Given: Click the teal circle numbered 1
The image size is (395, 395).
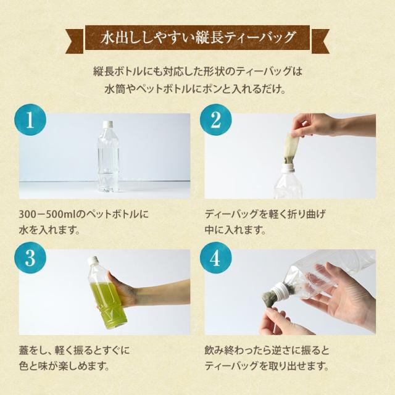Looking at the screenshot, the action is click(30, 120).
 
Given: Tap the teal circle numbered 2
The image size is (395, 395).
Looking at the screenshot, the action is click(215, 120).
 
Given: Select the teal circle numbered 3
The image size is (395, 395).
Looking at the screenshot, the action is click(30, 258).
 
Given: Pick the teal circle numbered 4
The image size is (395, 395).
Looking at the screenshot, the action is click(215, 258).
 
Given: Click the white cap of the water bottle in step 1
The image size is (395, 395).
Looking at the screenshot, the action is click(107, 124).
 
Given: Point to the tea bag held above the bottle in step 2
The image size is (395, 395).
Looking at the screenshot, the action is click(291, 148).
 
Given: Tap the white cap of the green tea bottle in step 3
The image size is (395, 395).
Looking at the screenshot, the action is click(92, 260).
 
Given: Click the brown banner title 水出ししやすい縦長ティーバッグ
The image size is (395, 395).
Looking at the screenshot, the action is click(197, 38).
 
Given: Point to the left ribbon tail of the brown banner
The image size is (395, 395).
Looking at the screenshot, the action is click(75, 41).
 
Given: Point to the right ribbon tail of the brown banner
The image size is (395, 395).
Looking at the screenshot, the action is click(320, 41).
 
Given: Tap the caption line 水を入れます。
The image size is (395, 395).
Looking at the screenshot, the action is click(49, 230).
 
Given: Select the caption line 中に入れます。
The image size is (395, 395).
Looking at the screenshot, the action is click(235, 230).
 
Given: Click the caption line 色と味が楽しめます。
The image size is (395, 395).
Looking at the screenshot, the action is click(64, 366).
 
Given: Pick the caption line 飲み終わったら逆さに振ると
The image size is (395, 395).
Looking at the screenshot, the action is click(267, 351).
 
